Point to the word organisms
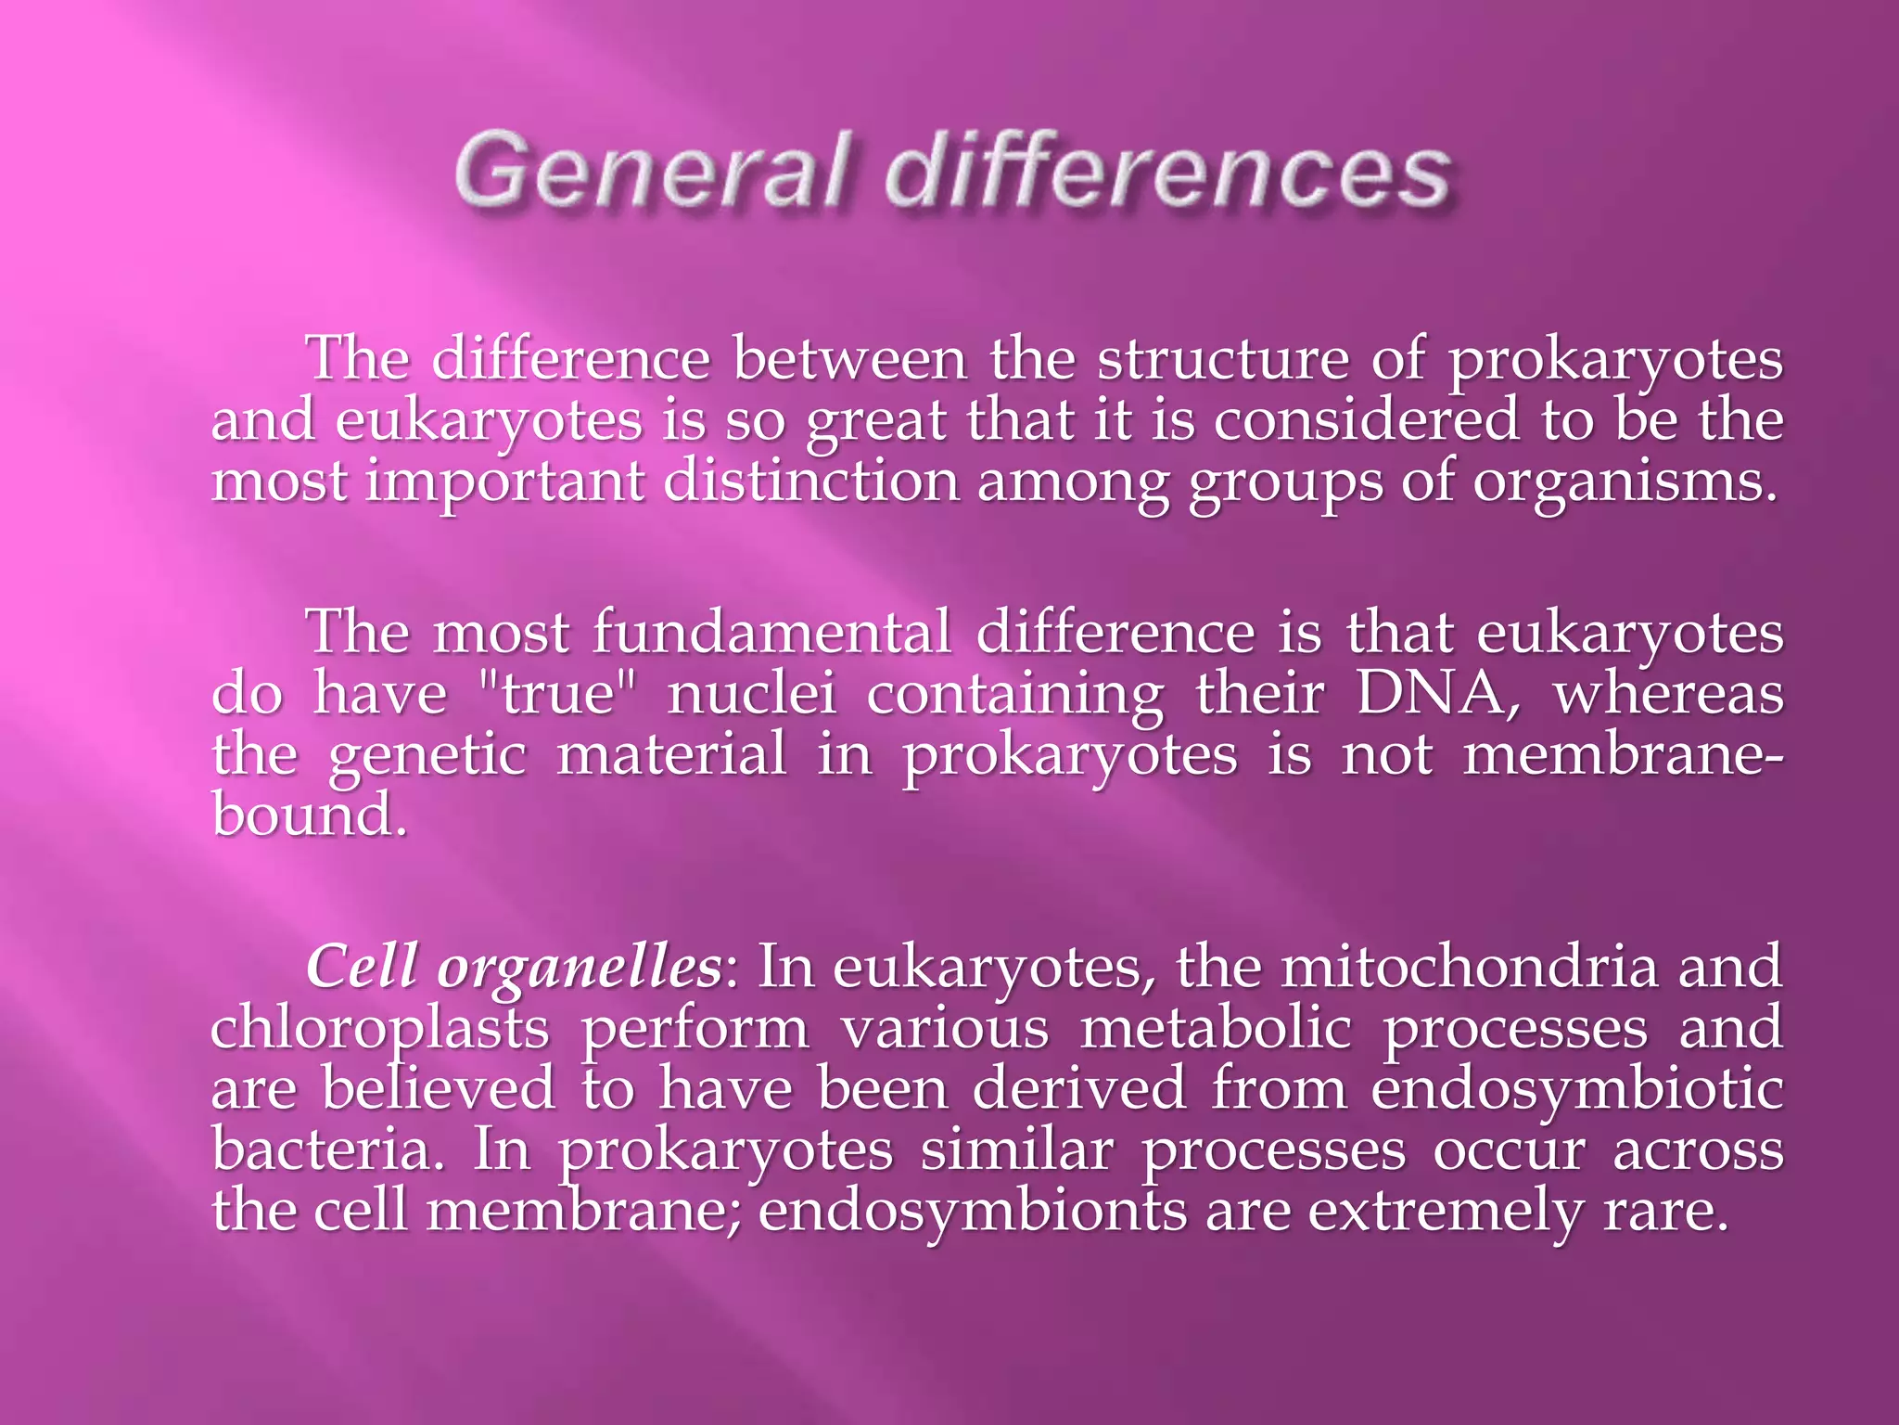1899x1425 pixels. (1625, 484)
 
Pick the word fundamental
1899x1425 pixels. (771, 633)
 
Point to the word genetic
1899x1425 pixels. (427, 756)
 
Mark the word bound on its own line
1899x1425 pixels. (308, 815)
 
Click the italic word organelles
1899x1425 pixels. (579, 969)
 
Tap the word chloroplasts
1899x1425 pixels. (380, 1030)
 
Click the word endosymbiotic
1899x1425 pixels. (1576, 1090)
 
